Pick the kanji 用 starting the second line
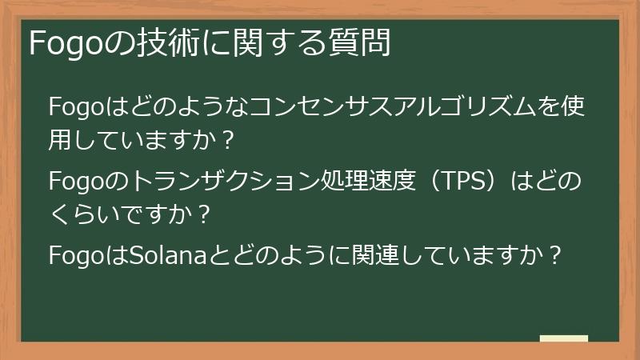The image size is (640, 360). (x=62, y=141)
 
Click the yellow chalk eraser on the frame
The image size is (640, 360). (x=563, y=338)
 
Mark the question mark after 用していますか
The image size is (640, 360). (x=226, y=142)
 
